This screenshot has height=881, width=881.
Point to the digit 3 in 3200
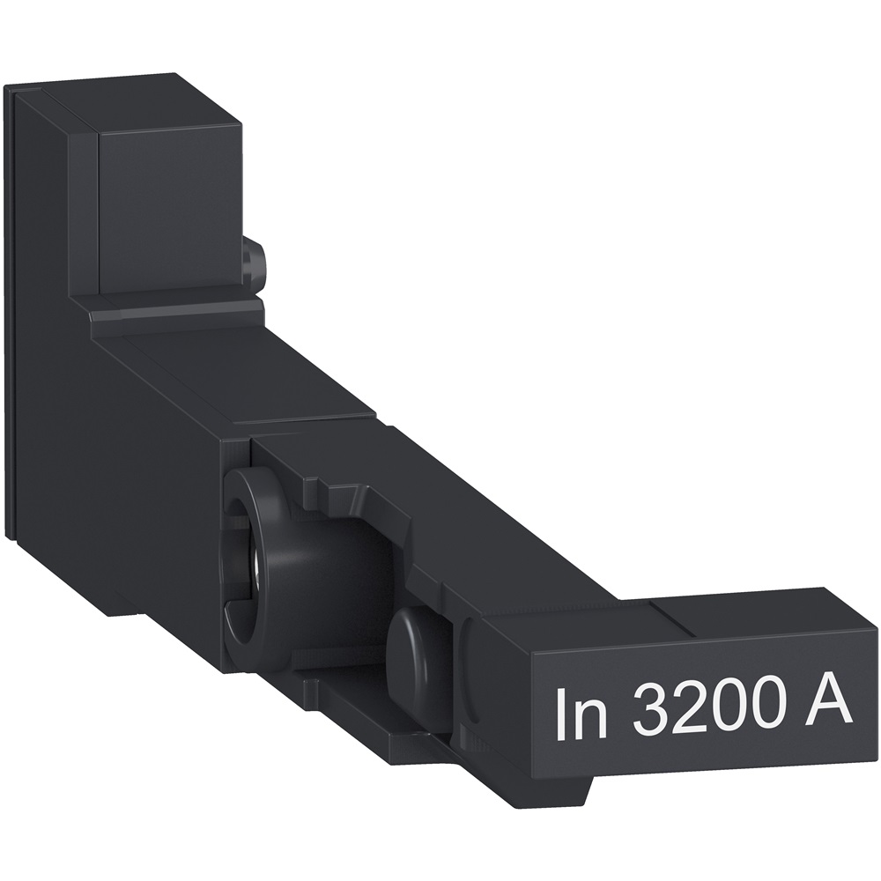click(x=650, y=713)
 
